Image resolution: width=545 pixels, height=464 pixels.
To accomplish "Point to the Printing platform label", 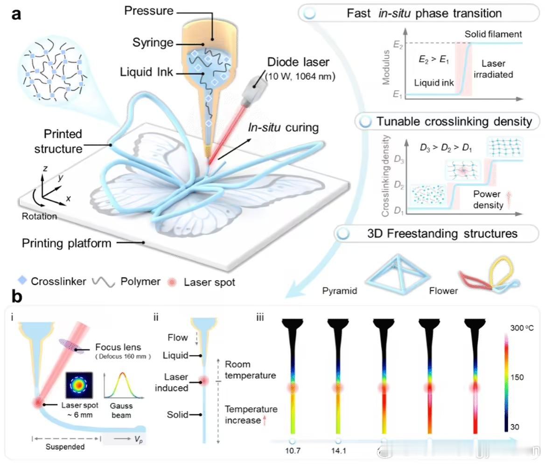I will click(67, 243).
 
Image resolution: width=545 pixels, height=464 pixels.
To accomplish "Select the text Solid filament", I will click(493, 34).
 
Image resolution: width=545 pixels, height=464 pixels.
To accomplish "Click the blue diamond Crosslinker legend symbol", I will click(21, 281).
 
